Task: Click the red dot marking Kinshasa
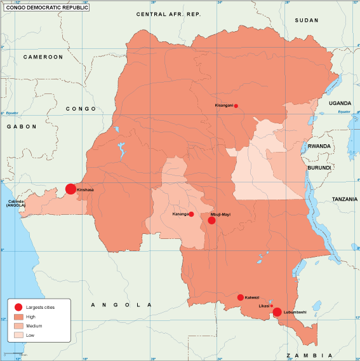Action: [x=70, y=189]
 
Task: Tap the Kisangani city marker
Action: [x=236, y=106]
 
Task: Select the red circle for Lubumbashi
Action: [x=277, y=311]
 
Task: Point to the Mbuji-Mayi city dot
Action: [x=211, y=221]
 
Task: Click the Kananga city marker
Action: [x=191, y=214]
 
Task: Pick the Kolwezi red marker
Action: [x=240, y=297]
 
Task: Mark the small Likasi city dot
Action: [x=272, y=306]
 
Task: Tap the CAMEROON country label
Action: [x=43, y=57]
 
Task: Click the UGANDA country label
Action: [x=339, y=102]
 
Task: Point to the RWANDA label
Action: [x=319, y=146]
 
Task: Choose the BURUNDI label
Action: [x=319, y=167]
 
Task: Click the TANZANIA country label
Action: [x=345, y=199]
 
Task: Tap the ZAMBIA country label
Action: [x=309, y=354]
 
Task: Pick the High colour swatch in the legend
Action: [x=18, y=317]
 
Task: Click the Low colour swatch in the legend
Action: [x=18, y=334]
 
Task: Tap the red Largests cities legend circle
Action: [x=18, y=307]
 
